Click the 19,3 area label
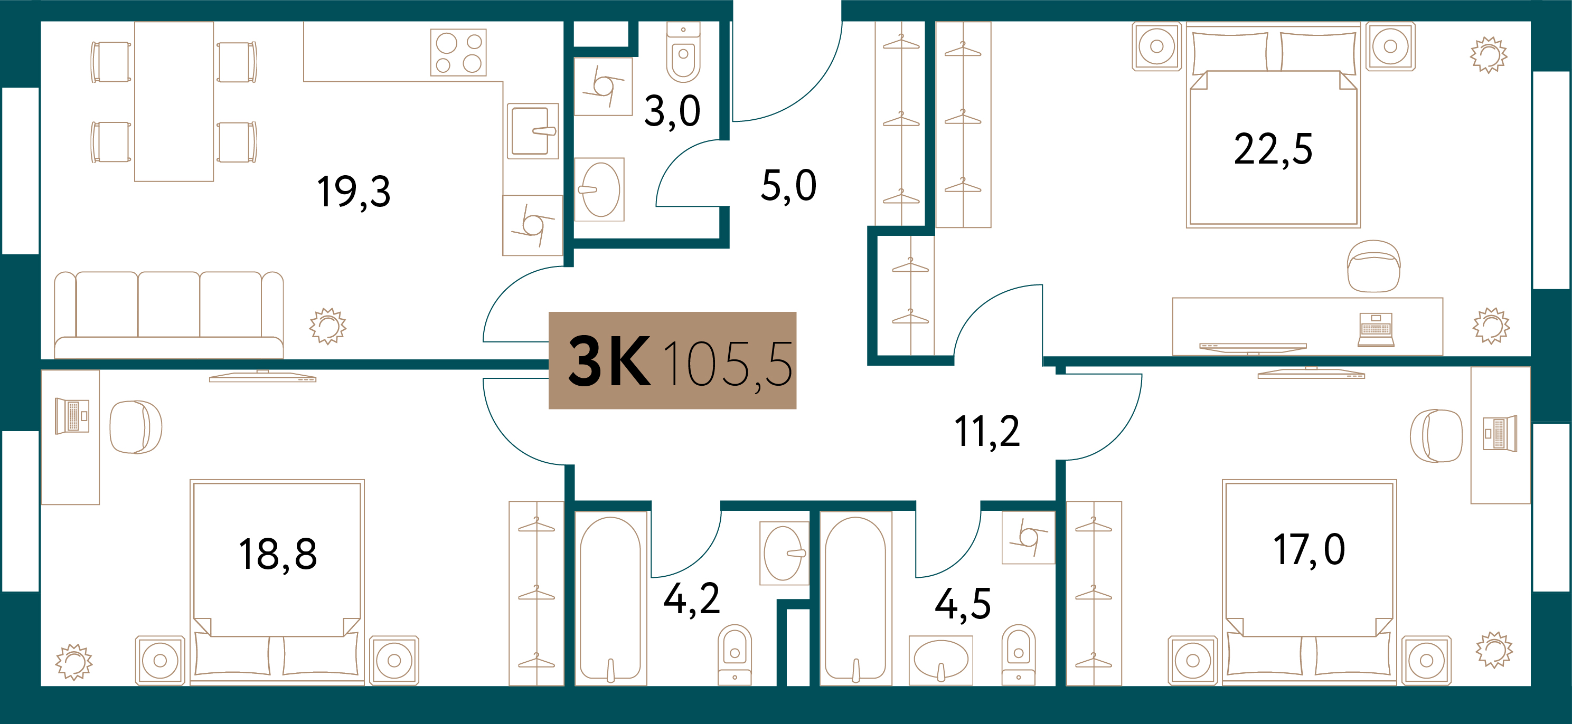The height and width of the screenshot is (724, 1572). click(353, 192)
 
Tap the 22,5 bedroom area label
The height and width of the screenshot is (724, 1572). click(1273, 149)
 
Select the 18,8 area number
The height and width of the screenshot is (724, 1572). click(278, 555)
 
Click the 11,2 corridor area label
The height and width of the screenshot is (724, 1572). click(987, 432)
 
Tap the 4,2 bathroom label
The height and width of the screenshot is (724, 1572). click(691, 599)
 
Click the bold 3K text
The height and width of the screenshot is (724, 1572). click(609, 363)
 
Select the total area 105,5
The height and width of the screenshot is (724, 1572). click(728, 365)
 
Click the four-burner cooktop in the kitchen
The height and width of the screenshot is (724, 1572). click(458, 52)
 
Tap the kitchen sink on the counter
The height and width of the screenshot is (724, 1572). click(533, 131)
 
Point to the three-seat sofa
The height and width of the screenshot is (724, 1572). click(169, 315)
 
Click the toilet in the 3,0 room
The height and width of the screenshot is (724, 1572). click(683, 52)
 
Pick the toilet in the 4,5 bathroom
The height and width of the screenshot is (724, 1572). click(1019, 654)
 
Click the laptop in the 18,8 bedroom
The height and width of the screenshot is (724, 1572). click(72, 416)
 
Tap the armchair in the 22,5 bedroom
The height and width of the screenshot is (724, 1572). click(1373, 266)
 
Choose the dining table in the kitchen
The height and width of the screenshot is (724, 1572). click(174, 101)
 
